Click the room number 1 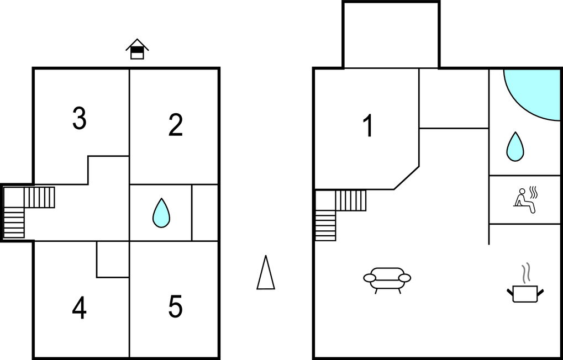[368, 125]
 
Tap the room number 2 [176, 125]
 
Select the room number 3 [80, 118]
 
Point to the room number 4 [80, 308]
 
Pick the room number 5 [176, 306]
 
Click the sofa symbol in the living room [387, 280]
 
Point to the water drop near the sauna [515, 147]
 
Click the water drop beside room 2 [161, 213]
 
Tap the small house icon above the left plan [137, 49]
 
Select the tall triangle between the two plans [266, 272]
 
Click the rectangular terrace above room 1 [391, 35]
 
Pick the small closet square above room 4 [113, 259]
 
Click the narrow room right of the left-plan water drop [205, 213]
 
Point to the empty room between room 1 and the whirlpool [454, 98]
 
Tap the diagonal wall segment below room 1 [407, 178]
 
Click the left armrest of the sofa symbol [370, 278]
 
